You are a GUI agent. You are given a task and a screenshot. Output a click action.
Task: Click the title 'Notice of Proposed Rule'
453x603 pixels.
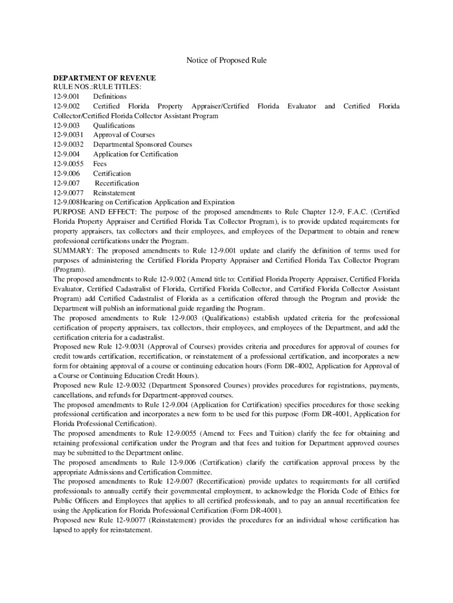[226, 61]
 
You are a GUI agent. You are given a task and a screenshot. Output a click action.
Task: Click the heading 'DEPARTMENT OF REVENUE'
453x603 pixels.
[104, 78]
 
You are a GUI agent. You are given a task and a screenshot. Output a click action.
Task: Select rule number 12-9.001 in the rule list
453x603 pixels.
[65, 97]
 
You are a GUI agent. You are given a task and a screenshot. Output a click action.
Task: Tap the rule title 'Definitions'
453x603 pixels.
[109, 97]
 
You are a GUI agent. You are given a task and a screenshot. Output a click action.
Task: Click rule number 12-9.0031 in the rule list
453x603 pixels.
[68, 135]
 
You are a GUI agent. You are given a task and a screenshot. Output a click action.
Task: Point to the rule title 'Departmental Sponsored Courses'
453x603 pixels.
[142, 145]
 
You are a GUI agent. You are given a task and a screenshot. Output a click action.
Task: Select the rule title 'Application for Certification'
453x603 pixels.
[135, 154]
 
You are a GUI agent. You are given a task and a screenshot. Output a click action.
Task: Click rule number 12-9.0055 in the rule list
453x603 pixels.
[68, 164]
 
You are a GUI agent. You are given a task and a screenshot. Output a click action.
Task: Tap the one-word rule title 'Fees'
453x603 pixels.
[100, 164]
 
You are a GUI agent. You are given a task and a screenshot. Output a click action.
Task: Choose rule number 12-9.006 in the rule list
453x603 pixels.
[65, 174]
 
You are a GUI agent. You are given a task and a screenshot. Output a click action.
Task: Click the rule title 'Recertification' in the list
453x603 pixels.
[117, 183]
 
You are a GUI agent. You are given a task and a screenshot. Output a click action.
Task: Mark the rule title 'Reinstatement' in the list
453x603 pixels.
[114, 193]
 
